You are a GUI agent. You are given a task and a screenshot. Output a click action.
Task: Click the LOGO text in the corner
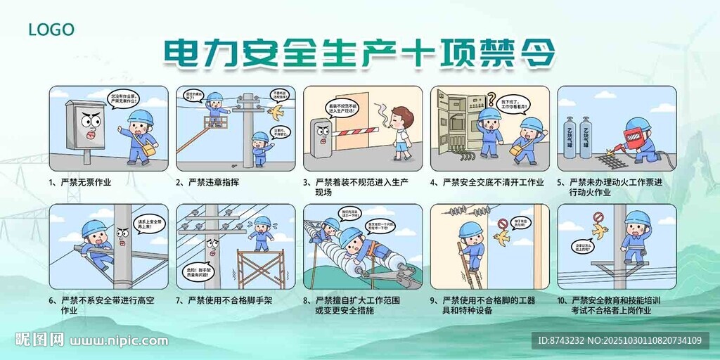click(x=51, y=30)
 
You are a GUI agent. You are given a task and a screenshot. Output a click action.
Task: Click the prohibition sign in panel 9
click(x=502, y=224)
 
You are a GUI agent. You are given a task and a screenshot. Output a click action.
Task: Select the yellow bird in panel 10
click(x=600, y=231)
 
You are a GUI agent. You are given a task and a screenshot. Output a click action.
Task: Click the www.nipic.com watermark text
click(x=120, y=341)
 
